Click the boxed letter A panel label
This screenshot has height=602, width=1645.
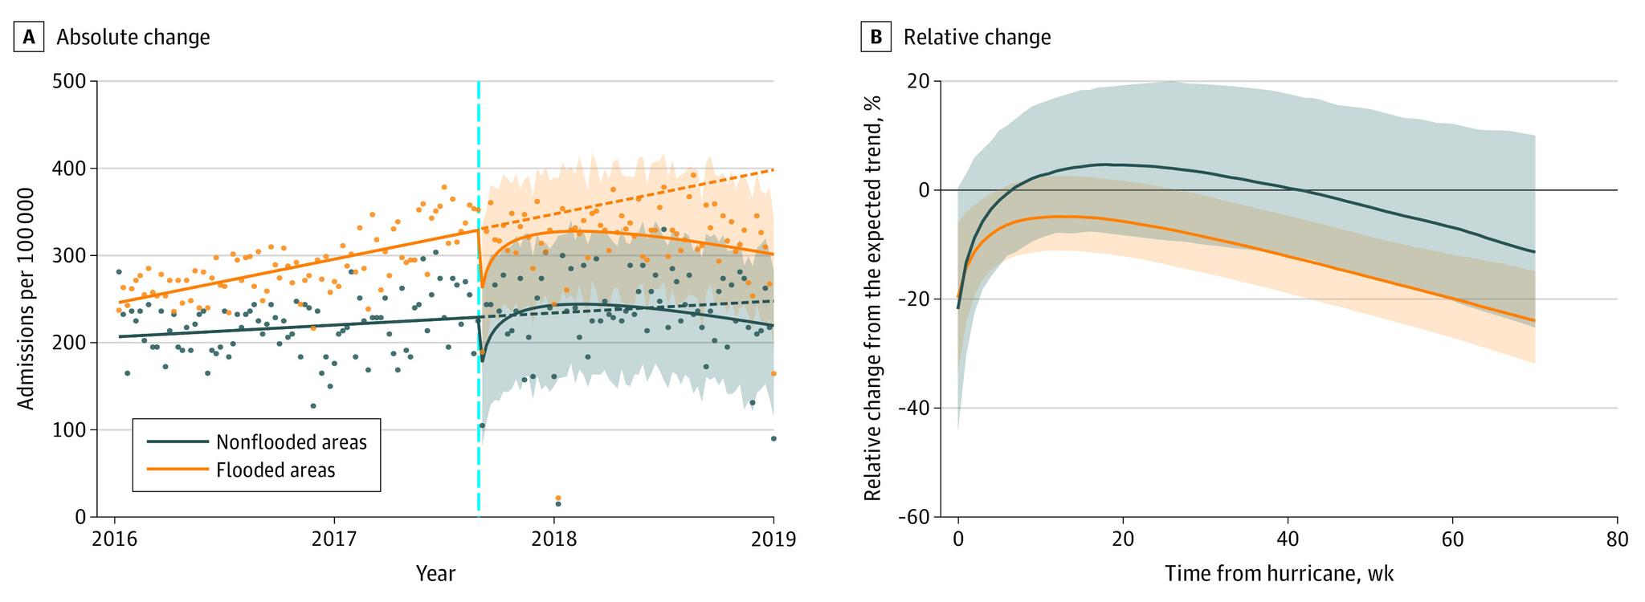point(28,37)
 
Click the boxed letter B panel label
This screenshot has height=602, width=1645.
point(876,37)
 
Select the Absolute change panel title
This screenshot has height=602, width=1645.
point(133,37)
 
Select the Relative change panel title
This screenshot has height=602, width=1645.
point(977,37)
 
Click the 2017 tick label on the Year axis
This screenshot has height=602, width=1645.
point(334,539)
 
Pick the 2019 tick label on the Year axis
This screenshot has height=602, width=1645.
point(774,539)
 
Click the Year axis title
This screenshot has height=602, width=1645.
point(435,574)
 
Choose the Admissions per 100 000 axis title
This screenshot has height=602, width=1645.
point(27,299)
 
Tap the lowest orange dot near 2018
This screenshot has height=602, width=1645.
point(558,498)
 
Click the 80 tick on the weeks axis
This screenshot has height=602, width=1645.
point(1617,539)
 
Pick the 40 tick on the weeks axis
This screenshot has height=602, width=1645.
point(1288,539)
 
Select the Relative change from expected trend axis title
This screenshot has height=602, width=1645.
point(873,299)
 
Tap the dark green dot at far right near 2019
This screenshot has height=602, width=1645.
point(774,438)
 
